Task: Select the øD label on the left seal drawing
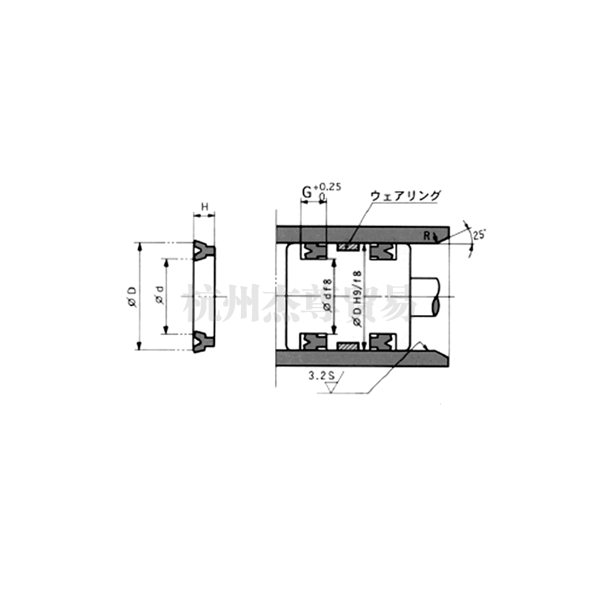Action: pos(130,295)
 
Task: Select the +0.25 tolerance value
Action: pos(327,188)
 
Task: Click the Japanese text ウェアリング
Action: pos(405,196)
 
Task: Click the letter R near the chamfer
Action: pos(428,236)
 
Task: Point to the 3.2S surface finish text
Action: pos(322,377)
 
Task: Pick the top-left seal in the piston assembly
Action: pos(313,252)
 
